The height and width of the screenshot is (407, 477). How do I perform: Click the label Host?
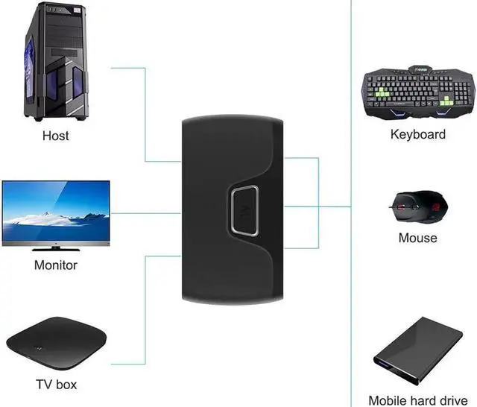[x=56, y=136]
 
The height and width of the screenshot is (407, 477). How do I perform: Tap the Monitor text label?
[x=56, y=265]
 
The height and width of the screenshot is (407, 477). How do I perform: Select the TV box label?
[x=56, y=385]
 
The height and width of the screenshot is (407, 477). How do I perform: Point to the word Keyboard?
[x=418, y=135]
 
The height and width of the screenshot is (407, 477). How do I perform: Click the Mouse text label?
[x=418, y=239]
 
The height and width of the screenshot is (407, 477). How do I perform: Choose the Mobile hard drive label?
[x=418, y=400]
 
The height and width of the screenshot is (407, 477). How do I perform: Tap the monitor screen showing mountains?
[x=56, y=209]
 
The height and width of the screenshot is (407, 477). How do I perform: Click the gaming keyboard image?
[x=417, y=94]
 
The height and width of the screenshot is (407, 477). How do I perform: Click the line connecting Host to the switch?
[x=146, y=112]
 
